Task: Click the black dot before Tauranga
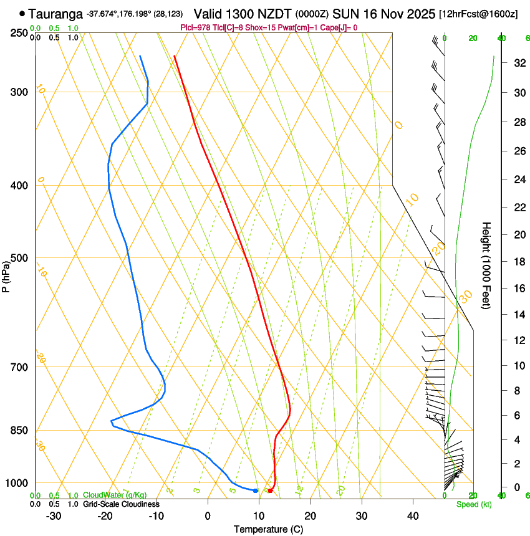pyautogui.click(x=23, y=13)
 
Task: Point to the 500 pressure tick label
pyautogui.click(x=20, y=258)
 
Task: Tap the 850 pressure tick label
pyautogui.click(x=20, y=431)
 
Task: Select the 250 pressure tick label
pyautogui.click(x=20, y=32)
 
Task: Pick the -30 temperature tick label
pyautogui.click(x=54, y=515)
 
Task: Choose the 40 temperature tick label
pyautogui.click(x=413, y=515)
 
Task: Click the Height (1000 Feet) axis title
pyautogui.click(x=486, y=266)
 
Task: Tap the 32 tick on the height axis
pyautogui.click(x=501, y=63)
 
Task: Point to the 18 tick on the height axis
pyautogui.click(x=501, y=262)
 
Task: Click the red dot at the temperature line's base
pyautogui.click(x=270, y=491)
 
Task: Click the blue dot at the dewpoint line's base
pyautogui.click(x=256, y=491)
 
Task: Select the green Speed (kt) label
pyautogui.click(x=474, y=504)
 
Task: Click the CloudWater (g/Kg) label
pyautogui.click(x=115, y=495)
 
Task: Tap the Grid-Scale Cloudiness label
pyautogui.click(x=121, y=504)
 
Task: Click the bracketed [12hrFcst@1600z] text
pyautogui.click(x=479, y=14)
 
